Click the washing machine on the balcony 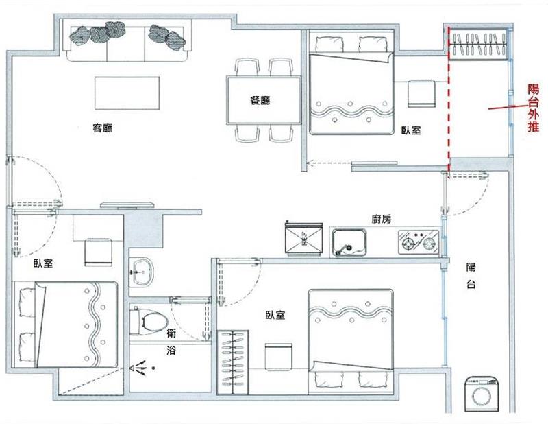click(482, 394)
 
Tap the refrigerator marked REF click(303, 240)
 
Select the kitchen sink click(349, 242)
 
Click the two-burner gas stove click(419, 242)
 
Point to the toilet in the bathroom click(148, 320)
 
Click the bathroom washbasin click(142, 272)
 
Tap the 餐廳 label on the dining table click(260, 100)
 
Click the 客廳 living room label click(103, 128)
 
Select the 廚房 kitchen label click(382, 219)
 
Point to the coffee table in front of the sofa click(127, 93)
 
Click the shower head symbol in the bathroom click(139, 368)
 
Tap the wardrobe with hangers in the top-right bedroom click(477, 45)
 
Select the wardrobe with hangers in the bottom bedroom click(233, 362)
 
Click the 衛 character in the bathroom click(171, 333)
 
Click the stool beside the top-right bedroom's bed click(421, 93)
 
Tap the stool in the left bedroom click(99, 252)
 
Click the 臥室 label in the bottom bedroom click(275, 315)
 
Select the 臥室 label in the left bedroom click(43, 263)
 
